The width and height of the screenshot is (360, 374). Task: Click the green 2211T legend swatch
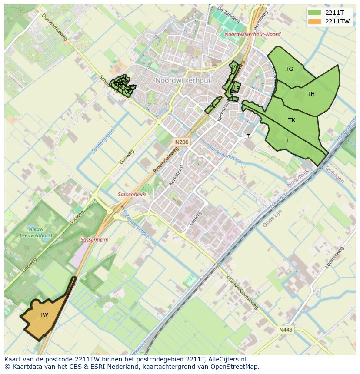pyautogui.click(x=315, y=13)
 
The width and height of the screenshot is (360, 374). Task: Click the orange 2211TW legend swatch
pyautogui.click(x=315, y=21)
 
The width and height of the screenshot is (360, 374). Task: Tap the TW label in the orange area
pyautogui.click(x=44, y=315)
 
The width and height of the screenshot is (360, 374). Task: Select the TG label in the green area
pyautogui.click(x=289, y=69)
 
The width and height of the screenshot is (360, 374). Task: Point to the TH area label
pyautogui.click(x=311, y=94)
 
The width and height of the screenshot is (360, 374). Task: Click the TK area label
pyautogui.click(x=292, y=120)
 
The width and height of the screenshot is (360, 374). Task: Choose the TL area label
pyautogui.click(x=289, y=141)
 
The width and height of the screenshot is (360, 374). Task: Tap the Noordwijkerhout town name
pyautogui.click(x=183, y=81)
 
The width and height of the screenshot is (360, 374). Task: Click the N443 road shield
pyautogui.click(x=286, y=330)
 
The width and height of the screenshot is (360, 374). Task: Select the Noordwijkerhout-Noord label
pyautogui.click(x=253, y=34)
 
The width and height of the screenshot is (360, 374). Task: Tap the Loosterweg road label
pyautogui.click(x=334, y=258)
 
